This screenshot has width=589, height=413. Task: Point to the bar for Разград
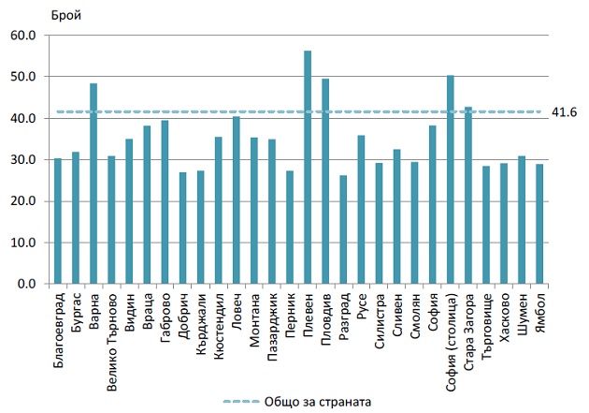tap(343, 229)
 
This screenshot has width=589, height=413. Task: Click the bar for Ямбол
tap(539, 224)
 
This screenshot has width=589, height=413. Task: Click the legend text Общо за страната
tap(318, 400)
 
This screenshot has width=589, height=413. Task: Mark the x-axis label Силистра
tap(380, 318)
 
